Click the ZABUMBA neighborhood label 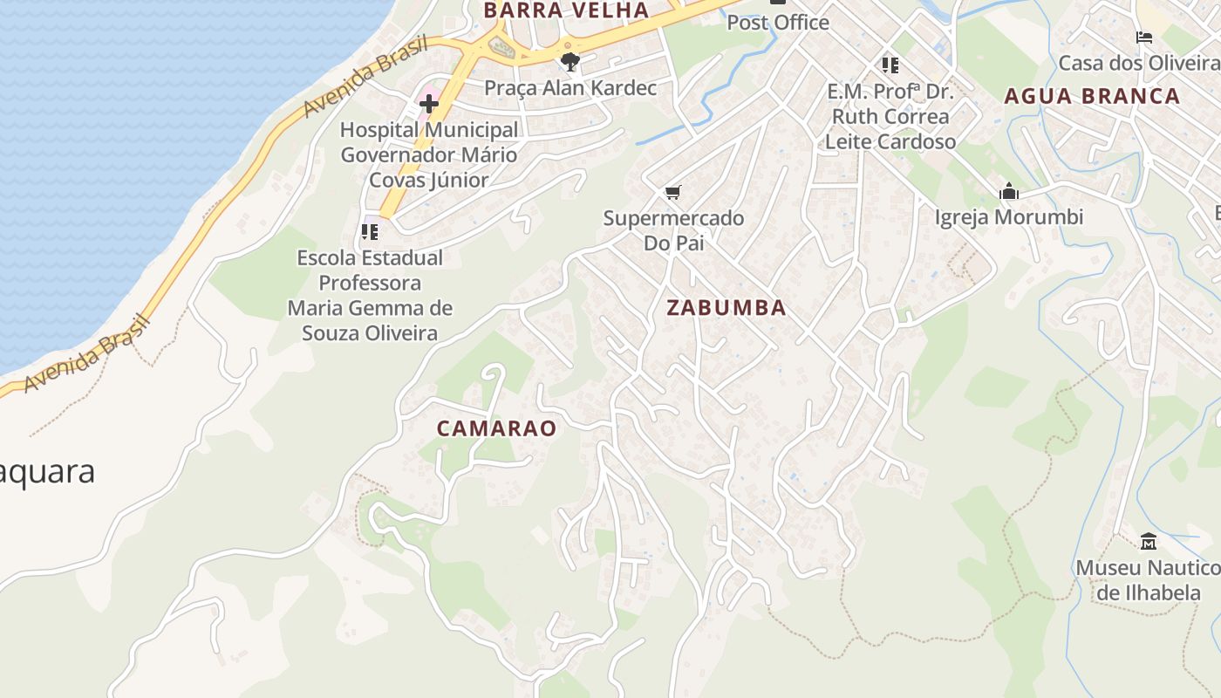coord(726,307)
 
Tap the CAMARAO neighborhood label coord(495,428)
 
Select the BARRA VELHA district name coord(566,10)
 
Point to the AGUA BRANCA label coord(1092,96)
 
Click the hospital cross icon coord(428,105)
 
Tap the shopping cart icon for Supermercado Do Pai coord(672,192)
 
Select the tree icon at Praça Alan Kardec coord(570,62)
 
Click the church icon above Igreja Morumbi coord(1009,191)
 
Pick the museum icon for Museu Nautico coord(1149,542)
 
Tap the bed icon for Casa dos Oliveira coord(1144,38)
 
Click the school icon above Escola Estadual coord(370,232)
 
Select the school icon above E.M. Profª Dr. coord(890,65)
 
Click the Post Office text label coord(778,23)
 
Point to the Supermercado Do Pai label coord(673,230)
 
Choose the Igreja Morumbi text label coord(1009,217)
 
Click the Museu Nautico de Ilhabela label coord(1148,580)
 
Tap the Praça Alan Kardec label coord(570,88)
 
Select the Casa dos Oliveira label coord(1138,63)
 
